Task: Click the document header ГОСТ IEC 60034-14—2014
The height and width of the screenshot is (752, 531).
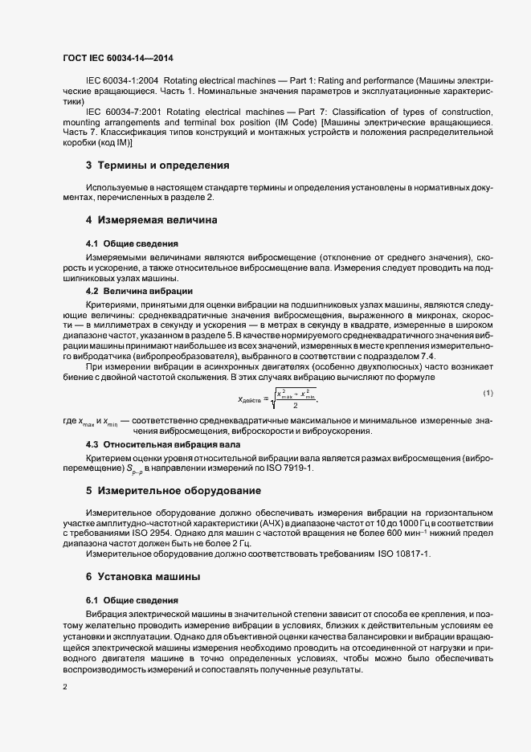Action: [117, 58]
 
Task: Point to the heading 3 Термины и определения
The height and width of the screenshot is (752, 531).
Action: [157, 166]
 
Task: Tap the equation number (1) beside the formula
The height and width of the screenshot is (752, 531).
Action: [488, 392]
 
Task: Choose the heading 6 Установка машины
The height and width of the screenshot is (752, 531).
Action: [143, 577]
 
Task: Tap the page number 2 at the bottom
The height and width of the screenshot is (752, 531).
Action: [64, 686]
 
